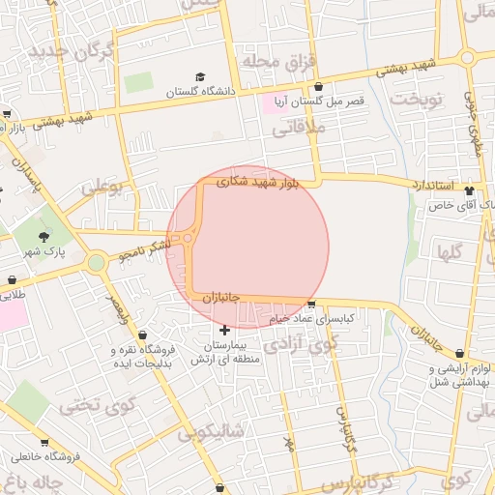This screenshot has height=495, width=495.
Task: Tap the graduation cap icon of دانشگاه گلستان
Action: click(200, 77)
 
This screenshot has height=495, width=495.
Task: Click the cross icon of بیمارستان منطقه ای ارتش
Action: click(225, 331)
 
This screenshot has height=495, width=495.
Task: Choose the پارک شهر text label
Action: click(43, 251)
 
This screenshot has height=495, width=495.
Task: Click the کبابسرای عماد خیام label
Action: click(319, 317)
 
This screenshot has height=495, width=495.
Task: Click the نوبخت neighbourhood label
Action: click(416, 99)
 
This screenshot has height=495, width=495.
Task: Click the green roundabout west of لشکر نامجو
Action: click(96, 262)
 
